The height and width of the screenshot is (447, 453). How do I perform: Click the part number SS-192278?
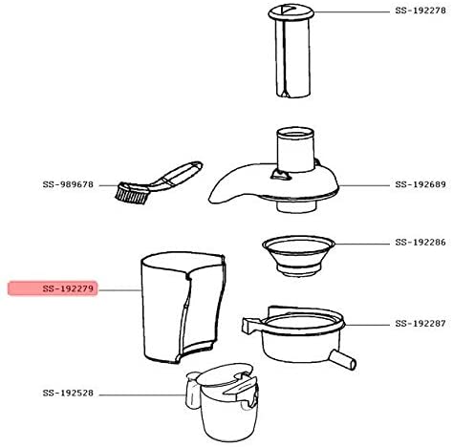tap(421, 11)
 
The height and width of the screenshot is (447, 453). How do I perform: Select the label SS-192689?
tap(421, 184)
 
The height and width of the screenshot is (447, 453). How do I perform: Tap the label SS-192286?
tap(421, 243)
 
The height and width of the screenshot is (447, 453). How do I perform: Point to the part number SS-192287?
tap(421, 324)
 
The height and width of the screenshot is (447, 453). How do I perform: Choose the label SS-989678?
tap(68, 184)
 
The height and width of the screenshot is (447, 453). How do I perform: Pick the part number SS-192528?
tap(68, 394)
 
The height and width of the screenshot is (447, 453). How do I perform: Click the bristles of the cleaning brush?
tap(132, 194)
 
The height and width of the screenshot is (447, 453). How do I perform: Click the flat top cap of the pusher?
tap(291, 12)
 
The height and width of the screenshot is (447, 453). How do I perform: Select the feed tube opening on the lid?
tap(295, 134)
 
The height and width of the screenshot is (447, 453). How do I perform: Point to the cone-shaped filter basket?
tap(298, 256)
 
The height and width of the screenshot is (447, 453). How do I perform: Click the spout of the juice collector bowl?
tap(343, 359)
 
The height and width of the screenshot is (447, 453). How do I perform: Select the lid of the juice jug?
tap(225, 377)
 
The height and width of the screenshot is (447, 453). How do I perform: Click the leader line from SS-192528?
tap(142, 395)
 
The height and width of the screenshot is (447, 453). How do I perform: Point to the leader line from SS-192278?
tap(352, 12)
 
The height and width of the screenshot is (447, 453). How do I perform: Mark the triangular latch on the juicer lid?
tap(280, 175)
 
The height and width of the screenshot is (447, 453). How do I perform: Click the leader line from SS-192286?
tap(362, 245)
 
